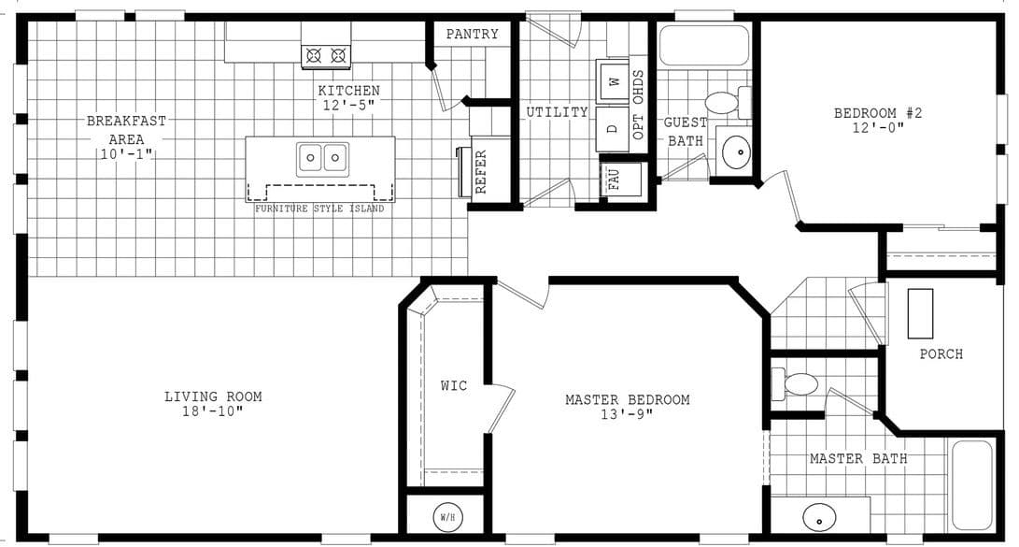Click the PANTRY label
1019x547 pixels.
click(472, 35)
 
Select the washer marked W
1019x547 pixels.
click(614, 81)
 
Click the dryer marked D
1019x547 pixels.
click(614, 128)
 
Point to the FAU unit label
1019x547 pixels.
click(615, 179)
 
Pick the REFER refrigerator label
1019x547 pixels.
click(482, 171)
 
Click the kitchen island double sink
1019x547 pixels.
click(322, 159)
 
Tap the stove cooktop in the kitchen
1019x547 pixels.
click(325, 56)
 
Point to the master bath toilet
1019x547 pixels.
click(798, 383)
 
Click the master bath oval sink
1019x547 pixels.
click(819, 516)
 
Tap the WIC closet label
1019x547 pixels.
click(454, 385)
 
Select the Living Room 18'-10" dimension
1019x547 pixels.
click(213, 411)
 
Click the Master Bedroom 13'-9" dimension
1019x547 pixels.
click(627, 414)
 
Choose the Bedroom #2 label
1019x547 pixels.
click(878, 113)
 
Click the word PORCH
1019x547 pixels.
click(941, 354)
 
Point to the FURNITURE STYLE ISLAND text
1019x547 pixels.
click(319, 209)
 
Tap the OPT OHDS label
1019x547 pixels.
click(639, 105)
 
